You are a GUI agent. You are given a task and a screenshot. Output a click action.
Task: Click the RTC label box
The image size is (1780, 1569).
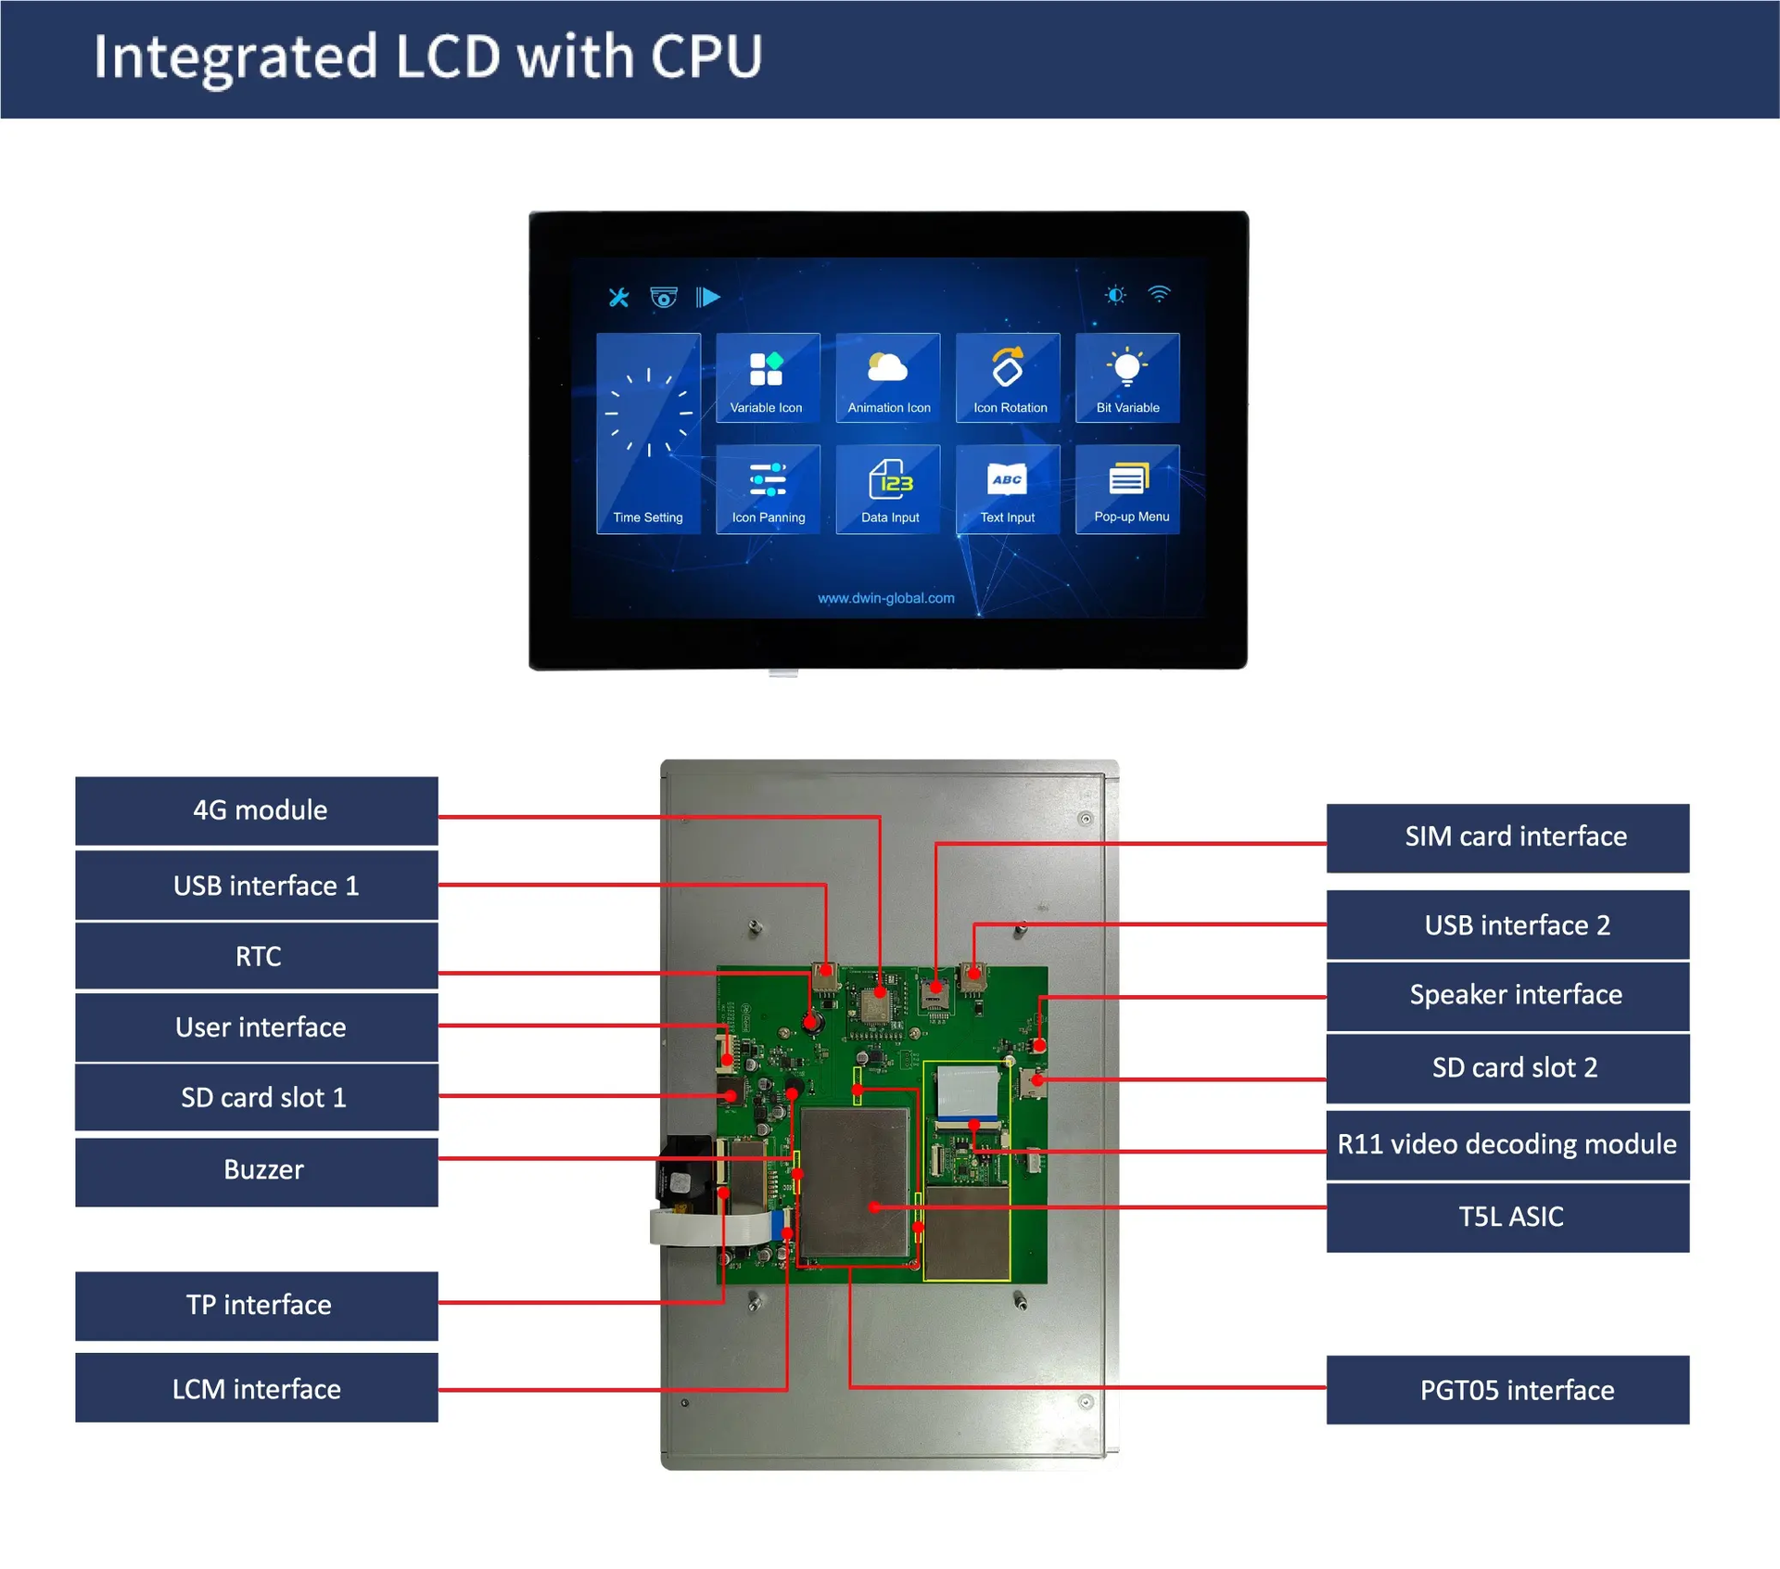coord(257,956)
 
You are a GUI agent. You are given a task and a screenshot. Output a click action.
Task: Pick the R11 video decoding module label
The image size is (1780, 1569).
coord(1507,1144)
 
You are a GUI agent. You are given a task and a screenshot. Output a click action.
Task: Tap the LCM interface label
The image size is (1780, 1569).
coord(257,1388)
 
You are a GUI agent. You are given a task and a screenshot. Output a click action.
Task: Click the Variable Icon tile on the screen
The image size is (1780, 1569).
coord(768,378)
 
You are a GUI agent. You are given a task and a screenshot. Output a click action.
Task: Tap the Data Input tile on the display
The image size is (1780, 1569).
coord(888,490)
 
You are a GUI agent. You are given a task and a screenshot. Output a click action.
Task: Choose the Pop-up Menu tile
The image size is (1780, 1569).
coord(1127,490)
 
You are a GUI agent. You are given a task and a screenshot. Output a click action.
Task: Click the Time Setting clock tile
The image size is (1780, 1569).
coord(648,434)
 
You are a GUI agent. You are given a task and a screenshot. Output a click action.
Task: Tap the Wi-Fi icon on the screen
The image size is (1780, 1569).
coord(1159,295)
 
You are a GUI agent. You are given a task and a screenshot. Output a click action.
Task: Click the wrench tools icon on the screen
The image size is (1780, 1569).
coord(618,297)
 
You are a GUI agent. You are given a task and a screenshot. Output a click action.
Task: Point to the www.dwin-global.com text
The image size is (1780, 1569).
coord(885,598)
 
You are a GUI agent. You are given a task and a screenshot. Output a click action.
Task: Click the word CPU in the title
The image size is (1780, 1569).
coord(706,57)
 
